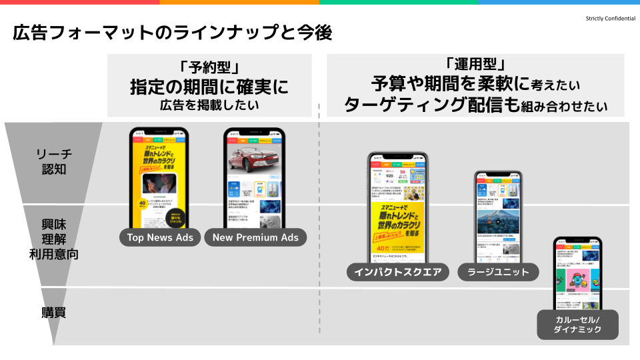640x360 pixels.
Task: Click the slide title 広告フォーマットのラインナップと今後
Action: [172, 33]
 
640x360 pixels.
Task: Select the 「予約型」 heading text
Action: [210, 67]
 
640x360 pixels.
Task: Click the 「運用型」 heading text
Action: [475, 65]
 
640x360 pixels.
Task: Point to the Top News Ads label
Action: [161, 237]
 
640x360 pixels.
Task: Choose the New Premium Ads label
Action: [255, 237]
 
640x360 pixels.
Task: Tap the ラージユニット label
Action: [498, 272]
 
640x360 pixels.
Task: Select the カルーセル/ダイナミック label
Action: [578, 325]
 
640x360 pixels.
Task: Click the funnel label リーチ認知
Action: [53, 161]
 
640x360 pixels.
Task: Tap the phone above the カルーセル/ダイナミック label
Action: [577, 273]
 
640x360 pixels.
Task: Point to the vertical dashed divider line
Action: [320, 220]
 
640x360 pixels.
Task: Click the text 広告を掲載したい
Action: [209, 105]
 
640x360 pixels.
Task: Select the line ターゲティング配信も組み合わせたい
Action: [475, 105]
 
